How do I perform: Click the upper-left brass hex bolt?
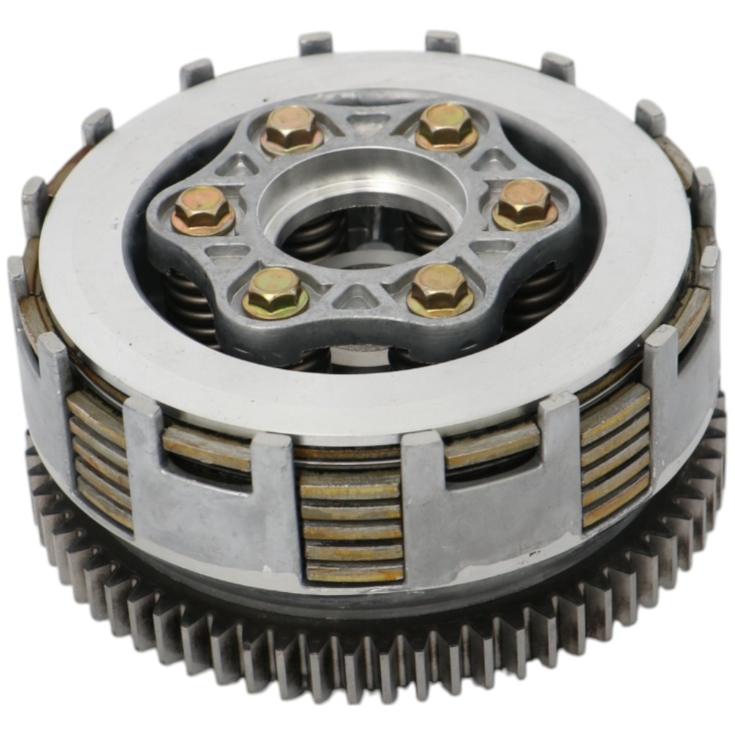click(291, 128)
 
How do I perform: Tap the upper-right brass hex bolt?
click(445, 126)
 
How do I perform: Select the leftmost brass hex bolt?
click(202, 210)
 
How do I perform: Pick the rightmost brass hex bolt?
click(525, 204)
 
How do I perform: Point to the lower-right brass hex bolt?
click(439, 289)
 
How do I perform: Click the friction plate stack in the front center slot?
click(352, 528)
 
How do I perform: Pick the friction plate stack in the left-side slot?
click(100, 459)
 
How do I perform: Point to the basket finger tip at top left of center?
click(316, 42)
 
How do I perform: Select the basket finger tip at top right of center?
click(442, 40)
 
